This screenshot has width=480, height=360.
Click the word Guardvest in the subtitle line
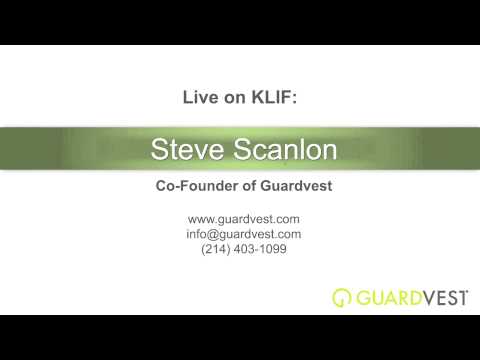[x=294, y=186]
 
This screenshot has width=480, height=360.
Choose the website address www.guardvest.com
[x=244, y=219]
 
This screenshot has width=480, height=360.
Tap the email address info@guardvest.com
[x=244, y=234]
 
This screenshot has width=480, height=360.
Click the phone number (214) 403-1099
[x=244, y=249]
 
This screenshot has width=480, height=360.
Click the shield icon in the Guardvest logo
[x=341, y=297]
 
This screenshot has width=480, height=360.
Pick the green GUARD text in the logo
[x=384, y=297]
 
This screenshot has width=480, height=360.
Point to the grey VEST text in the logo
[x=439, y=297]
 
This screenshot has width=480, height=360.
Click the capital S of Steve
[x=159, y=150]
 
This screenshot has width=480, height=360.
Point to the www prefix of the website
[x=199, y=219]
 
